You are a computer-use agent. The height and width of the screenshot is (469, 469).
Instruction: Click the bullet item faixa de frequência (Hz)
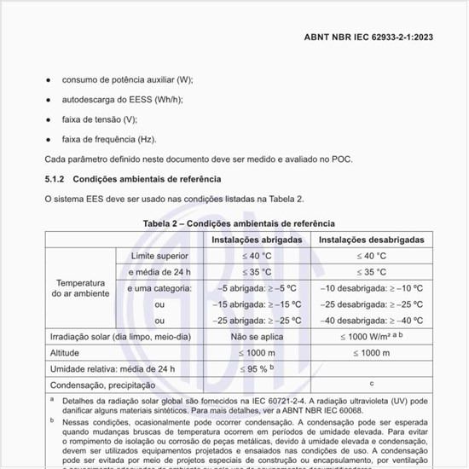coord(108,138)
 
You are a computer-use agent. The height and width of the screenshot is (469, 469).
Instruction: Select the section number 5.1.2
coord(55,179)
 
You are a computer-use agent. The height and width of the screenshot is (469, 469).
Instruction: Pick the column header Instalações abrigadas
coord(257,240)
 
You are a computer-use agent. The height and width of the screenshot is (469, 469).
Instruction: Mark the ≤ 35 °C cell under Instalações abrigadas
coord(257,272)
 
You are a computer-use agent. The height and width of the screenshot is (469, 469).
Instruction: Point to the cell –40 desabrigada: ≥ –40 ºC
coord(371,321)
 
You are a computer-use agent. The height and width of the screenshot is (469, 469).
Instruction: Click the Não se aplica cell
coord(257,337)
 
